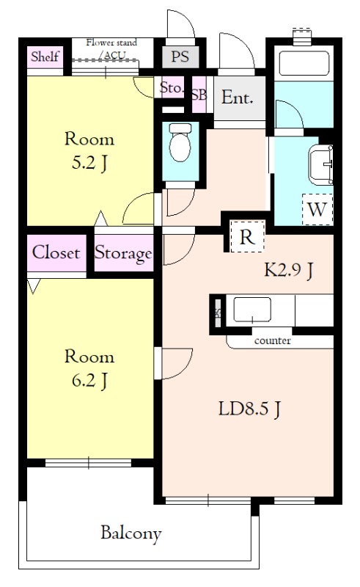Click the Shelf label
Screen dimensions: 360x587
click(x=45, y=57)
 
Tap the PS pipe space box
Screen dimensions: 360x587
click(x=180, y=57)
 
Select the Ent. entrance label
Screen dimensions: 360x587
click(x=238, y=98)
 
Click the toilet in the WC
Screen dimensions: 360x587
click(x=180, y=142)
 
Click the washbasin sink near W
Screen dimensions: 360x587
click(x=320, y=165)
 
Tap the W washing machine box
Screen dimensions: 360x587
click(x=317, y=209)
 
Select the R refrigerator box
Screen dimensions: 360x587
click(x=247, y=236)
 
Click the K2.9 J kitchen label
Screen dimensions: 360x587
click(x=289, y=269)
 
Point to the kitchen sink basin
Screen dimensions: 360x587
click(x=252, y=310)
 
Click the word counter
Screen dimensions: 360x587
click(x=273, y=341)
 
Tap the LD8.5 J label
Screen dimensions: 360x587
click(x=249, y=409)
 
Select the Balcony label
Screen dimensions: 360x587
click(x=131, y=533)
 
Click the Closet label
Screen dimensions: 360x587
click(x=56, y=252)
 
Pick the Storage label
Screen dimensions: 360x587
click(x=123, y=254)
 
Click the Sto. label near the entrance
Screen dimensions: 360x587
click(x=172, y=87)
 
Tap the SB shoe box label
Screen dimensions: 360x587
click(x=199, y=95)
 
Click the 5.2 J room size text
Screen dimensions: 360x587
click(x=89, y=163)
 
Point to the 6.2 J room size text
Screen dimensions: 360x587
click(x=89, y=381)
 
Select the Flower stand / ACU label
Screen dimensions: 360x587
click(x=111, y=48)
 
